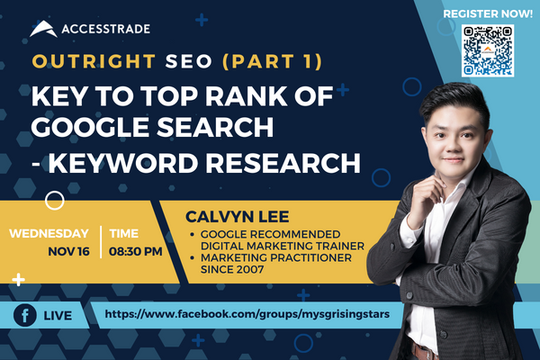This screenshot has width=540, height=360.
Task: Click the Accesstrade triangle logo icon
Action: [43, 29]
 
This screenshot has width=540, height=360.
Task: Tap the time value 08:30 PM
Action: [135, 251]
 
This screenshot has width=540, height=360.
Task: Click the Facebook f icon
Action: [24, 315]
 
